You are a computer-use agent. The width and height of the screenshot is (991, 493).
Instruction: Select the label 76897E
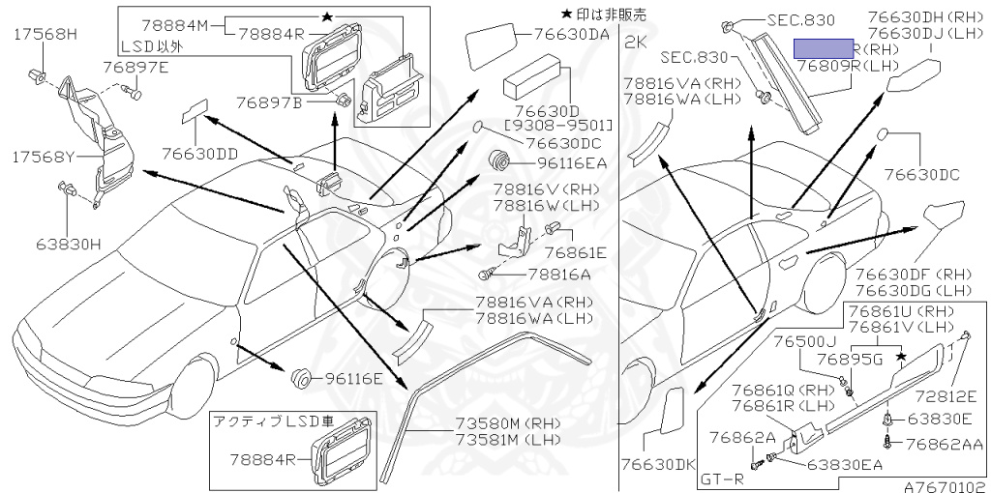click(x=136, y=67)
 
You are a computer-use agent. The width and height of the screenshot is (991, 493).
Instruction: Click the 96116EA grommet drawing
click(x=501, y=160)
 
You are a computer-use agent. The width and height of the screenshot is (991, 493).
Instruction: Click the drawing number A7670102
click(x=946, y=485)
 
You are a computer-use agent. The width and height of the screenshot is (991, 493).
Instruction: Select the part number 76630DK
click(x=659, y=465)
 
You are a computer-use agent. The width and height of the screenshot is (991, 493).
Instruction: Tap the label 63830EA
click(x=845, y=465)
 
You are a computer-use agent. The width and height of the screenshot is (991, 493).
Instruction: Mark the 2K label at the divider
click(x=636, y=42)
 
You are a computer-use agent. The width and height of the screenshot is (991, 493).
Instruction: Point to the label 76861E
click(x=575, y=253)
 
